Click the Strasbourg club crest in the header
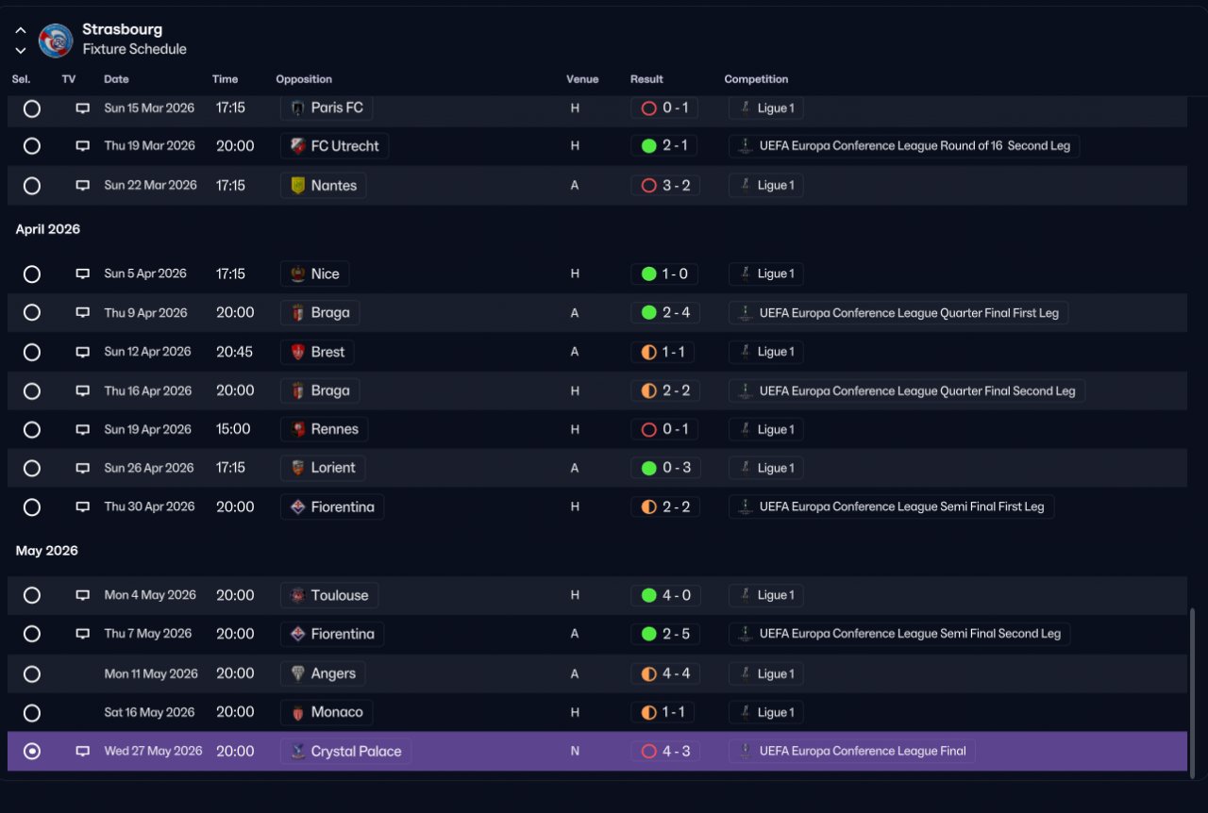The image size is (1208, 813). coord(56,40)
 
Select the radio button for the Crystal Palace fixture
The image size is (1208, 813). coord(32,751)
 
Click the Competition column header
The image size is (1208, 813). coord(756,79)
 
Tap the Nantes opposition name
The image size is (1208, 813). coord(334,186)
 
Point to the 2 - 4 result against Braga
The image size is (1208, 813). coord(676,313)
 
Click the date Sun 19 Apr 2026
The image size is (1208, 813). coord(147,429)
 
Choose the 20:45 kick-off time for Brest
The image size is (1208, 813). coord(234,352)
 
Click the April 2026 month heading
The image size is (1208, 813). coord(47,229)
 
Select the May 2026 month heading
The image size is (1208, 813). coord(46,551)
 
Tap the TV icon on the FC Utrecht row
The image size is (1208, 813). coord(82,145)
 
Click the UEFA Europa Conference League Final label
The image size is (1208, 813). coord(863,751)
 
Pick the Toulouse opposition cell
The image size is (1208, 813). coord(329,595)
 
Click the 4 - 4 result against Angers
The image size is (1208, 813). coord(676,674)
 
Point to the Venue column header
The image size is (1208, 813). coord(582,79)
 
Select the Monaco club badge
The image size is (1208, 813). coord(297,713)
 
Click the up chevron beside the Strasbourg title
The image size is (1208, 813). coord(21,30)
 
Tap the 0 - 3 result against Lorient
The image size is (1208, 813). coord(677,468)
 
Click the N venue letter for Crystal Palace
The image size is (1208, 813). coord(575,751)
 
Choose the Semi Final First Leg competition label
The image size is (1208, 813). coord(901,506)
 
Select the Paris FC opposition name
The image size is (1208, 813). coord(337,108)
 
